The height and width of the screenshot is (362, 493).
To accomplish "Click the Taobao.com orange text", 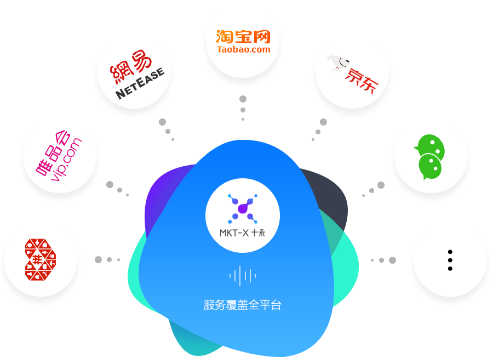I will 243,49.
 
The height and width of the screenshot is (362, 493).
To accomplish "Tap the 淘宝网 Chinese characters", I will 243,36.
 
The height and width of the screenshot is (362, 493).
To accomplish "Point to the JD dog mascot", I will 339,63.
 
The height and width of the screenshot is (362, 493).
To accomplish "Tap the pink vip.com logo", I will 59,157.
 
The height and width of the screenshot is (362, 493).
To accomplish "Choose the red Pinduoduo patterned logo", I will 40,259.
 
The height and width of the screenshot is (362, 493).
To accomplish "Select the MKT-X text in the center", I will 234,233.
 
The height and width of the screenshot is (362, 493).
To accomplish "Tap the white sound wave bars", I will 243,275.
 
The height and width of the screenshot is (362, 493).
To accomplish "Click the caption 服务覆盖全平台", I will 242,306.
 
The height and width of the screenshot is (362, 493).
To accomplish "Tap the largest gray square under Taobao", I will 243,99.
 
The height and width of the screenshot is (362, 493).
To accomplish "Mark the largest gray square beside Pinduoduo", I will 98,259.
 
